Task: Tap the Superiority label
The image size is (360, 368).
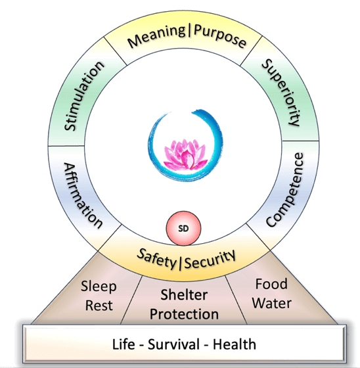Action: (281, 93)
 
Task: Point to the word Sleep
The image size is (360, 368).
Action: (99, 288)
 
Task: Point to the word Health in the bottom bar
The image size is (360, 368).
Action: (236, 344)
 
